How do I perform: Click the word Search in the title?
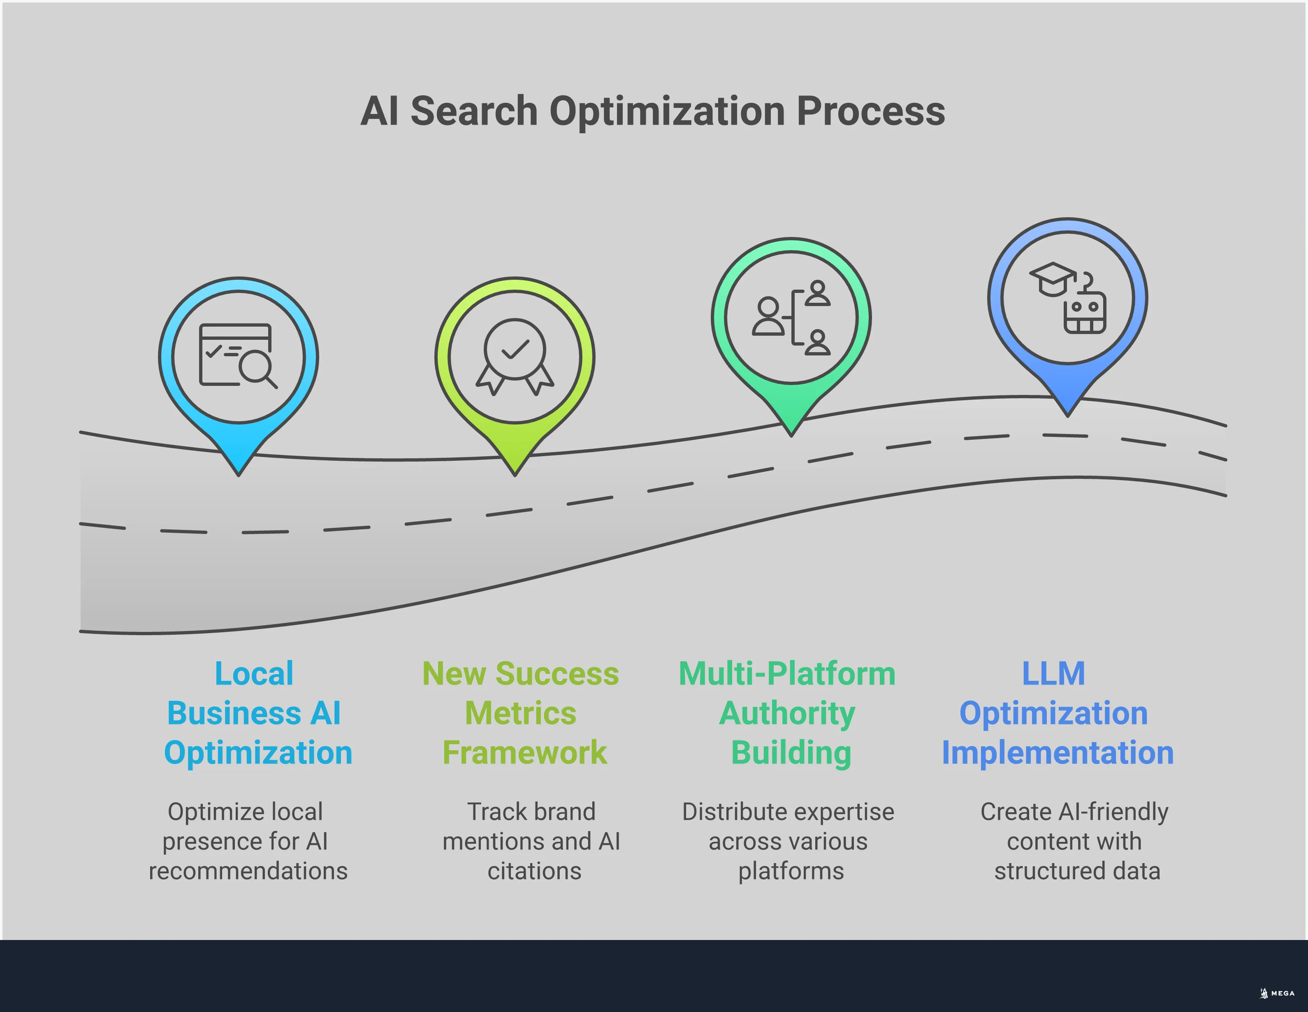tap(474, 111)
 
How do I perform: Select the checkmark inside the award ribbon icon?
tap(515, 348)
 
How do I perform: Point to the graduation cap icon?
tap(1052, 279)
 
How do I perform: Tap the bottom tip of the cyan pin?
tap(239, 473)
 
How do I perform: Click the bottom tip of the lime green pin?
tap(515, 473)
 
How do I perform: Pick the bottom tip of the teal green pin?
tap(791, 434)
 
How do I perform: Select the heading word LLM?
tap(1053, 674)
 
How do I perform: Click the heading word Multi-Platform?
tap(787, 674)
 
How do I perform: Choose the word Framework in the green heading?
tap(524, 753)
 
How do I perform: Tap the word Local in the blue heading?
tap(254, 674)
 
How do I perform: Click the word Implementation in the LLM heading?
tap(1058, 753)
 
